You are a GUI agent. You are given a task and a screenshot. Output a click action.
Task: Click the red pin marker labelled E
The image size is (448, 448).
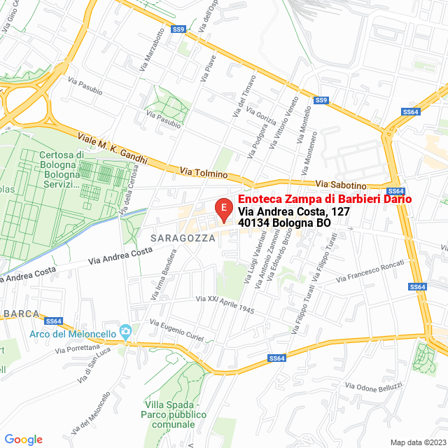[x=223, y=209]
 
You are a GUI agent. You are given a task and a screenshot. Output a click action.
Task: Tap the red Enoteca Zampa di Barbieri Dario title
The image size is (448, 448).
[x=325, y=199]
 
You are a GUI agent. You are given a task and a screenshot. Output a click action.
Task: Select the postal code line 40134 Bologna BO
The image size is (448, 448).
[x=284, y=223]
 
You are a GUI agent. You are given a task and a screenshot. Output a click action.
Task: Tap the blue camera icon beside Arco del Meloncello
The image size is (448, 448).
[x=126, y=330]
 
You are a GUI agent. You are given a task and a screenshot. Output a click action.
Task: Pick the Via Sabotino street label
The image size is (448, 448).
[x=341, y=185]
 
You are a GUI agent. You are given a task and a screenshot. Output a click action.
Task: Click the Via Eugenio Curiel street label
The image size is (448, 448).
[x=176, y=330]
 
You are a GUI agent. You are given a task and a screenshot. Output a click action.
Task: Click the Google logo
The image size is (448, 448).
[x=23, y=439]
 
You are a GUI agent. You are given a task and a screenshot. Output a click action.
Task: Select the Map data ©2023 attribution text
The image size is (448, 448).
[x=417, y=442]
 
